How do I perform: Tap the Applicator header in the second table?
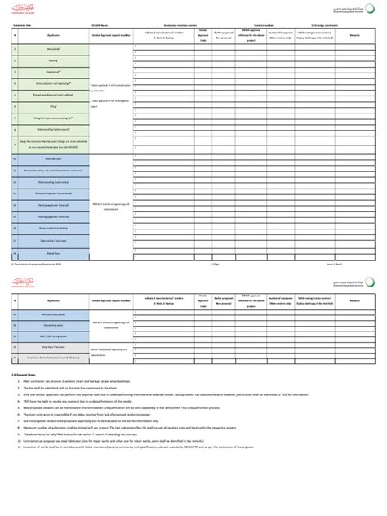[x=51, y=301]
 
